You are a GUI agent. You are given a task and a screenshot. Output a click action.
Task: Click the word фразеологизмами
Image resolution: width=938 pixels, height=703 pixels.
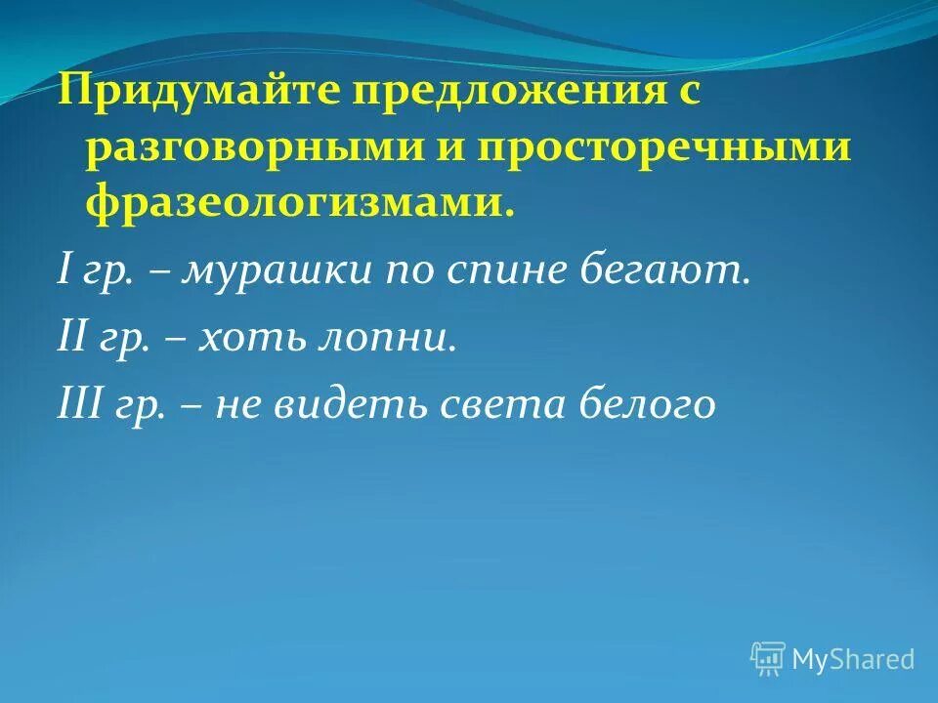[x=300, y=203]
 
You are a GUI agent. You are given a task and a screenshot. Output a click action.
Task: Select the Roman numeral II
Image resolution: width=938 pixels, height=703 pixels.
[x=71, y=338]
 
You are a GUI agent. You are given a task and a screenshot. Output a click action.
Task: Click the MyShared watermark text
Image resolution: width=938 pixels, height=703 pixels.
[x=852, y=659]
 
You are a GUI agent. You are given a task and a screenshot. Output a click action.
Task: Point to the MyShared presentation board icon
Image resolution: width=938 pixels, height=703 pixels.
[x=767, y=659]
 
